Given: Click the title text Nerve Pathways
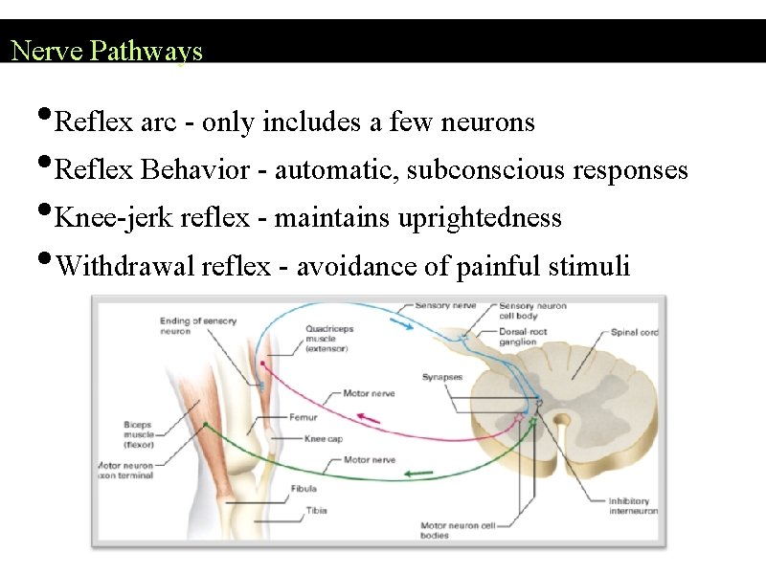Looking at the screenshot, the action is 106,50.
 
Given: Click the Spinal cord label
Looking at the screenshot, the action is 634,333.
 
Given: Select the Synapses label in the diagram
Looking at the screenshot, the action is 442,377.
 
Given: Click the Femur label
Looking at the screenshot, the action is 303,417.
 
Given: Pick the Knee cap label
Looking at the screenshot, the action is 322,438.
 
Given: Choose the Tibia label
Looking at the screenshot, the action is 317,510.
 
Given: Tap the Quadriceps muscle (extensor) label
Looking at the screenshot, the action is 329,339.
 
